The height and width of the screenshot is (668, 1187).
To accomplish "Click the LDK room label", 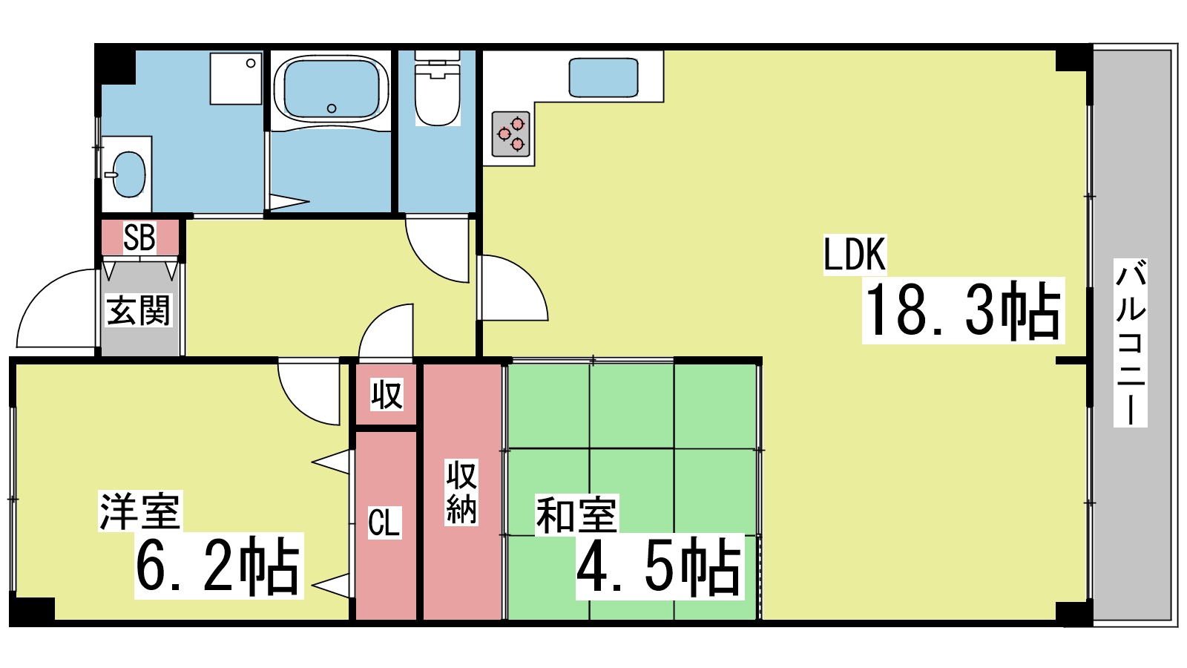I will [x=855, y=255].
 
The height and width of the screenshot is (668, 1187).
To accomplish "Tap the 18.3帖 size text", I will [x=963, y=310].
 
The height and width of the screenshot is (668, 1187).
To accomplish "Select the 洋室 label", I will [x=140, y=511].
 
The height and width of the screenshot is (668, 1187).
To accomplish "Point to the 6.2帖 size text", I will [x=218, y=566].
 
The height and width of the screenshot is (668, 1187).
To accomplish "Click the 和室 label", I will [x=576, y=515].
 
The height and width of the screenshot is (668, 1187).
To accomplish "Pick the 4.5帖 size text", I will [x=660, y=567].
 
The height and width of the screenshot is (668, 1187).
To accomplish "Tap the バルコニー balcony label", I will [x=1131, y=343].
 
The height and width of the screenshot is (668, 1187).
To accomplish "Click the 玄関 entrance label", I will [x=139, y=310].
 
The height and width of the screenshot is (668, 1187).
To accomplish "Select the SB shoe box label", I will [x=139, y=238].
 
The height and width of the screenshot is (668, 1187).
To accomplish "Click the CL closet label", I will [x=384, y=523].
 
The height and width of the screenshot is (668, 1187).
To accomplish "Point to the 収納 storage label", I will [x=461, y=492].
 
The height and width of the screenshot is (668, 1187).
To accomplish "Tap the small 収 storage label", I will [x=387, y=395].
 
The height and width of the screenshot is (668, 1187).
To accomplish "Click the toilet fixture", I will [x=438, y=93].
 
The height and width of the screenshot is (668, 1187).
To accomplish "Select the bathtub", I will [x=331, y=89].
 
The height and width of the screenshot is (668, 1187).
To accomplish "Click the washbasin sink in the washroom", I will [x=128, y=175].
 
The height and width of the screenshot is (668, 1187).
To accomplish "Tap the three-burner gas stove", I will [x=511, y=134].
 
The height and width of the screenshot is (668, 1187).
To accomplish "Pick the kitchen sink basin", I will [x=603, y=78].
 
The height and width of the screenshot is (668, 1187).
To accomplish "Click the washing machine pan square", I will [x=236, y=78].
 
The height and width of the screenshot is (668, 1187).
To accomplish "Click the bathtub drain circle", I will [x=332, y=108].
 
